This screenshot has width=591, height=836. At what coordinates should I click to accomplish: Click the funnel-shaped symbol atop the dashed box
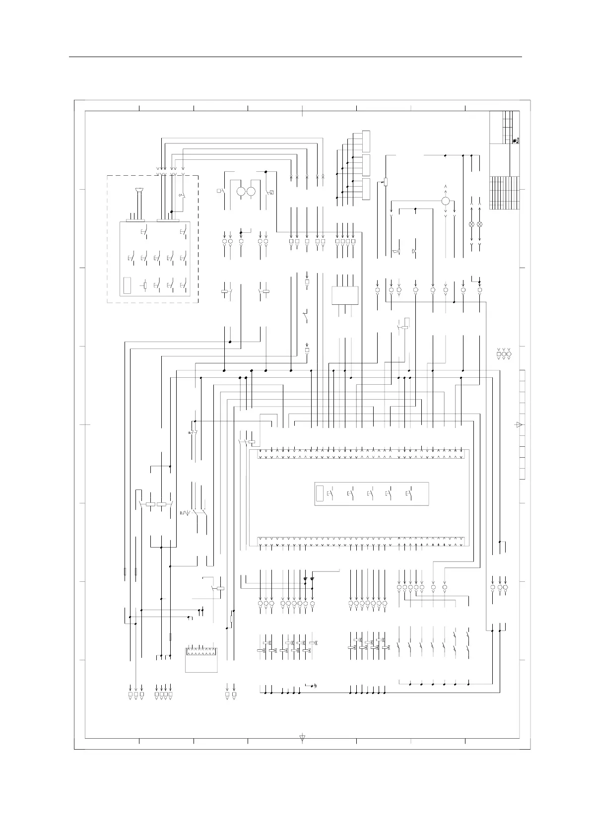pos(140,190)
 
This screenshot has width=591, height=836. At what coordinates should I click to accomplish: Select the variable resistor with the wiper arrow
pos(385,182)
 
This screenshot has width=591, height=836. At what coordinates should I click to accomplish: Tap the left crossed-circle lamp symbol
pos(471,224)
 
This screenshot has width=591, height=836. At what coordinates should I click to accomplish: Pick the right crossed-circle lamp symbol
pos(479,224)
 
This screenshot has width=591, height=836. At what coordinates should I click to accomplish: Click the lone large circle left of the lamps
pos(446,201)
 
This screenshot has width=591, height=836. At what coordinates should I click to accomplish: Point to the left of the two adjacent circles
pos(242,192)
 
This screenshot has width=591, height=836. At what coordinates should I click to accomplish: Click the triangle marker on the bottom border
pos(303,738)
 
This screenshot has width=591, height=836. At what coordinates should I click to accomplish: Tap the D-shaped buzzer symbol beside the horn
pos(414,252)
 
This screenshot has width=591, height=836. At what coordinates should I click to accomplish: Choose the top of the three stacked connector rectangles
pos(366,141)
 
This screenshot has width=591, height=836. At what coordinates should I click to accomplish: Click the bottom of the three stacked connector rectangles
pos(366,190)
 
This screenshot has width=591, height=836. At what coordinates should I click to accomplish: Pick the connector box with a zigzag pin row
pos(201,659)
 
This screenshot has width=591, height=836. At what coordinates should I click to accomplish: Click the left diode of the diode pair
pos(305,579)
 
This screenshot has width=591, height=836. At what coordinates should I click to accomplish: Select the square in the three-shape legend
pos(499,354)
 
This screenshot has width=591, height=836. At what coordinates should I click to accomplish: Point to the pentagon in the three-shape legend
pos(509,354)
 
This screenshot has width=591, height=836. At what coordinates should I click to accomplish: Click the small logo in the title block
pos(516,140)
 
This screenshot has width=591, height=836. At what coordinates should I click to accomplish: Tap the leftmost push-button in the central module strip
pos(331,494)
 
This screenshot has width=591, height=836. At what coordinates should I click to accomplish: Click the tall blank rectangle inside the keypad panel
pos(127,286)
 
